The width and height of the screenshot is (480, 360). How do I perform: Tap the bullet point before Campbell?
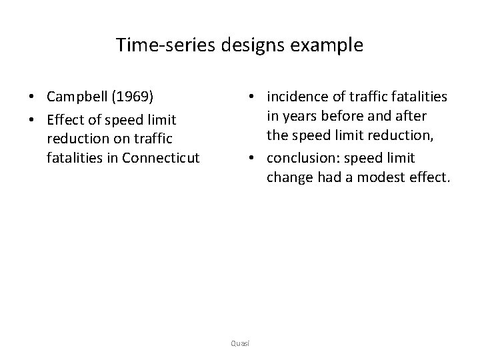click(32, 97)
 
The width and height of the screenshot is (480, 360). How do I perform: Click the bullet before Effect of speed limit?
click(32, 120)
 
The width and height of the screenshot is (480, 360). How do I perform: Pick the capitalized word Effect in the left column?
click(65, 119)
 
